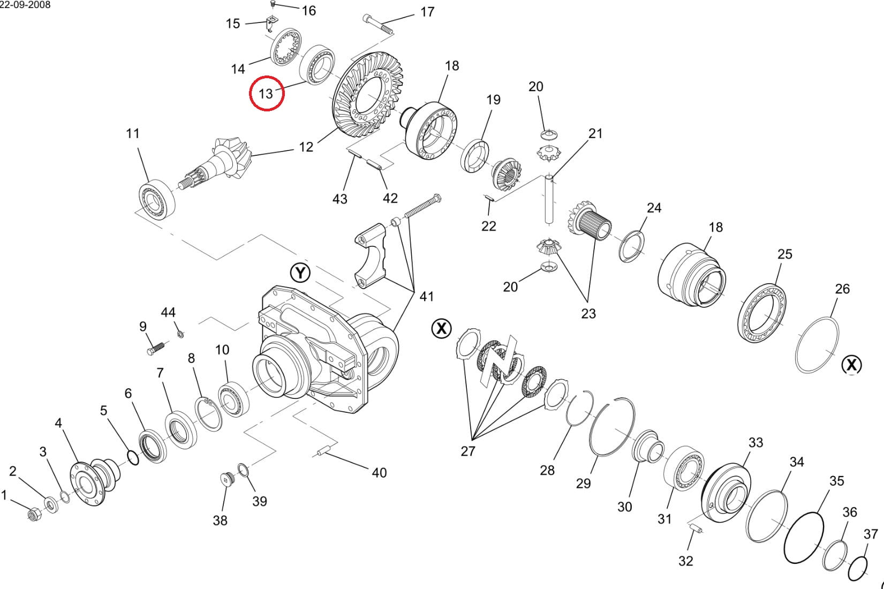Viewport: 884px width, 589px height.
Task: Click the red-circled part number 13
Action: click(266, 94)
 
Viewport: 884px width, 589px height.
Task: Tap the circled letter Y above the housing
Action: click(300, 273)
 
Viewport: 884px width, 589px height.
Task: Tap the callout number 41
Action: click(427, 296)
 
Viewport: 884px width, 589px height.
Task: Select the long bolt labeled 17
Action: click(379, 25)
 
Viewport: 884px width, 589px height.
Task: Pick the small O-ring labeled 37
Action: click(858, 568)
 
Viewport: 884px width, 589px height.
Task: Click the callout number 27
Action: click(468, 451)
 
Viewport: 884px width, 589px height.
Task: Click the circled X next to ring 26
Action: click(852, 365)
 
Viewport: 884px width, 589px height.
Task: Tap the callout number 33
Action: click(755, 443)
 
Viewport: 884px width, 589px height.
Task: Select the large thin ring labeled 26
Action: click(817, 345)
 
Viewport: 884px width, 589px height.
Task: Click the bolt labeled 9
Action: click(155, 348)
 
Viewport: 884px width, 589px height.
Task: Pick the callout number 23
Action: click(588, 313)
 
